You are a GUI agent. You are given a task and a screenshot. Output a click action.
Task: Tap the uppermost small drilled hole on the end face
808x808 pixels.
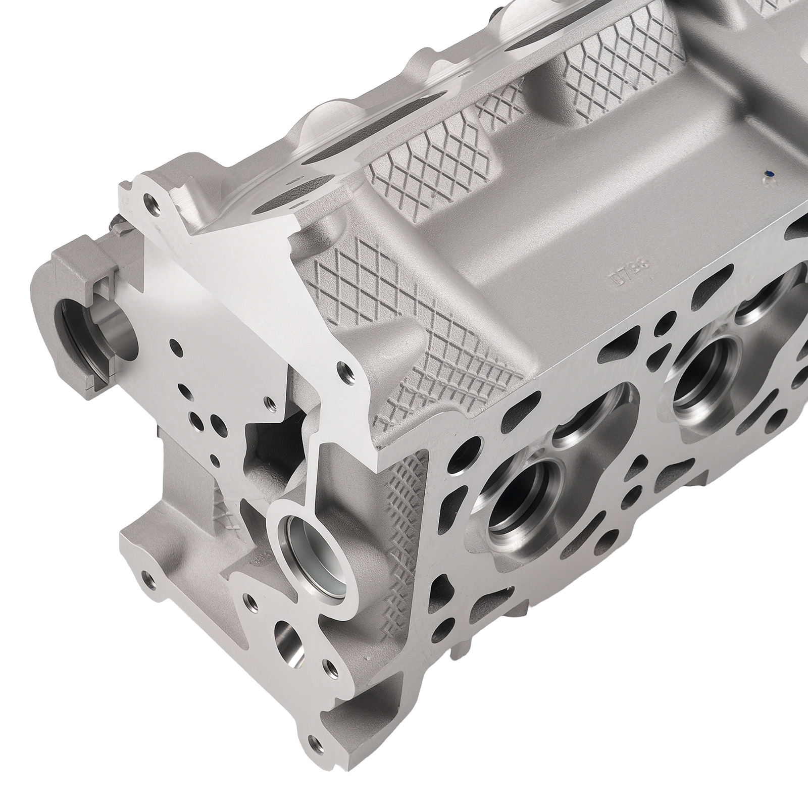point(176,347)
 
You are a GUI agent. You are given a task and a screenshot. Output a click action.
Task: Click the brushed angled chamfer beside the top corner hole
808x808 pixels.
point(187,207)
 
